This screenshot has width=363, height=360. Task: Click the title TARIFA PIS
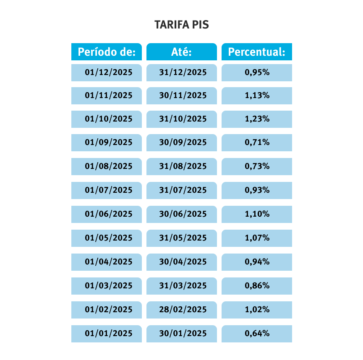pyautogui.click(x=181, y=25)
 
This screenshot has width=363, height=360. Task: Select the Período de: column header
pyautogui.click(x=107, y=52)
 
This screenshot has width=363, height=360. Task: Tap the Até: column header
pyautogui.click(x=181, y=52)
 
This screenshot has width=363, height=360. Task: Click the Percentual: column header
pyautogui.click(x=256, y=52)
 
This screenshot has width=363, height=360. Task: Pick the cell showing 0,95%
pyautogui.click(x=257, y=73)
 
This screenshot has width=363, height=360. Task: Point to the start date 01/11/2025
pyautogui.click(x=108, y=96)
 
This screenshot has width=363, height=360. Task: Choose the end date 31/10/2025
pyautogui.click(x=183, y=119)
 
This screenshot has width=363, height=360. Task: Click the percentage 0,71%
pyautogui.click(x=257, y=142)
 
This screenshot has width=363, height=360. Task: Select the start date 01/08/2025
pyautogui.click(x=108, y=166)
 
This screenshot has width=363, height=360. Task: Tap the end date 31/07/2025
pyautogui.click(x=183, y=190)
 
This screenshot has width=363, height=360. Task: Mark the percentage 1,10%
pyautogui.click(x=257, y=214)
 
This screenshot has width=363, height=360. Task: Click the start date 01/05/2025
pyautogui.click(x=108, y=238)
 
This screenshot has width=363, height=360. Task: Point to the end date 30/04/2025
pyautogui.click(x=183, y=262)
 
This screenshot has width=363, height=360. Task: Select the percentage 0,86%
pyautogui.click(x=257, y=286)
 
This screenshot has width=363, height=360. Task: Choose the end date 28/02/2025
pyautogui.click(x=183, y=310)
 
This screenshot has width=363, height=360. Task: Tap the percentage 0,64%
pyautogui.click(x=257, y=334)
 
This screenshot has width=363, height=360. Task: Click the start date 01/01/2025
pyautogui.click(x=108, y=334)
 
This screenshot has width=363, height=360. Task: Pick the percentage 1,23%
pyautogui.click(x=257, y=119)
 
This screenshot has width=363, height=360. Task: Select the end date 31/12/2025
pyautogui.click(x=183, y=73)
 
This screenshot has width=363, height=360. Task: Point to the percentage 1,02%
pyautogui.click(x=257, y=310)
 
